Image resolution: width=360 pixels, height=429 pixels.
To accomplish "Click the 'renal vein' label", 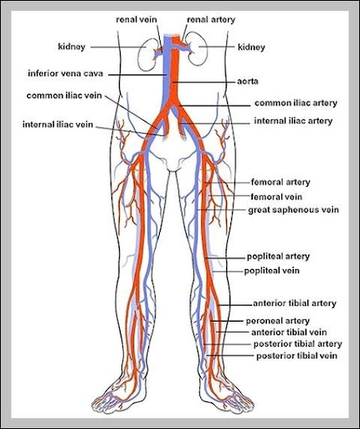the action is click(136, 19).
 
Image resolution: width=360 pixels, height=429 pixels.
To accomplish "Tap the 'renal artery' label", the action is click(211, 19).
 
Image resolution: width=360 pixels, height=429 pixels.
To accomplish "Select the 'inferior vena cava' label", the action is click(65, 74).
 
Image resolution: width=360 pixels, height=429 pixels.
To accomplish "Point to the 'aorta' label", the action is click(248, 81).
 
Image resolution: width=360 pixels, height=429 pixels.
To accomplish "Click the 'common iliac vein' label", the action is click(64, 96).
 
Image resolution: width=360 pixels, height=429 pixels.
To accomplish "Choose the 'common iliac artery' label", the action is click(296, 103).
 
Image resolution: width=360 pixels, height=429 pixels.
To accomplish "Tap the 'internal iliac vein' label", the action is click(58, 124).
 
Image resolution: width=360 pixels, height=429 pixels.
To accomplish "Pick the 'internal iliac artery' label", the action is click(293, 121).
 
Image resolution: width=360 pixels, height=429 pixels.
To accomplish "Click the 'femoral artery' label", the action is click(280, 182).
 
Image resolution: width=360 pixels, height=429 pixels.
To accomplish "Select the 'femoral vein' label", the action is click(276, 197).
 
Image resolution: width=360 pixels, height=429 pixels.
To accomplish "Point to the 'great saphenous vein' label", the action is click(294, 210).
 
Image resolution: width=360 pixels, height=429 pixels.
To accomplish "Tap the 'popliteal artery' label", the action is click(278, 256).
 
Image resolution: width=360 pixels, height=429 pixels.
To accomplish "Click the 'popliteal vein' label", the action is click(272, 271).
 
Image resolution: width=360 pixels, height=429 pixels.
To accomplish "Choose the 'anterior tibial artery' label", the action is click(295, 303).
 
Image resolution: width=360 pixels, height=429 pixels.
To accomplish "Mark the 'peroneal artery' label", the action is click(278, 321).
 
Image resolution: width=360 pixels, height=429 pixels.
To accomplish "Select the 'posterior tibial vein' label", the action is click(296, 356).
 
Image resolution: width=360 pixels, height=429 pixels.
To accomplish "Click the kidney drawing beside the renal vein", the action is click(147, 54).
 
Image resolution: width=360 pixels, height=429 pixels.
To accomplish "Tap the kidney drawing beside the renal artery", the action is click(198, 49).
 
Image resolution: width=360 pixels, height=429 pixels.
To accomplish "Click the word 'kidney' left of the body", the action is click(71, 47).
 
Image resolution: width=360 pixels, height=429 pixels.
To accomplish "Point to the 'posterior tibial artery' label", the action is click(297, 344).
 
